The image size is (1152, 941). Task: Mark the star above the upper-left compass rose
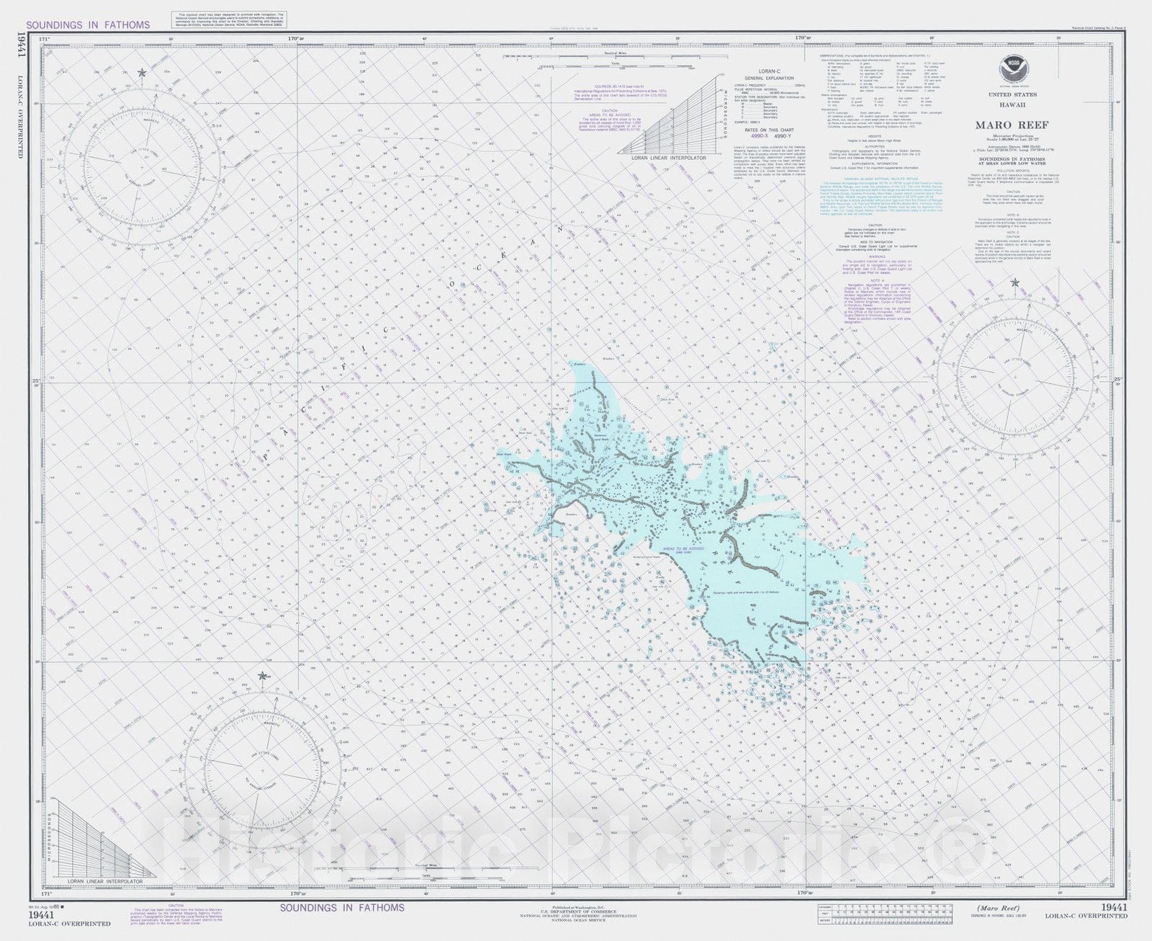[142, 73]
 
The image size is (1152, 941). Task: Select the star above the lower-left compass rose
[262, 677]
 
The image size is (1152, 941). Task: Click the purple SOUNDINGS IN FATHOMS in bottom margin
[342, 907]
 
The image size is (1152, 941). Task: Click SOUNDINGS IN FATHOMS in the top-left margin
[88, 24]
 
